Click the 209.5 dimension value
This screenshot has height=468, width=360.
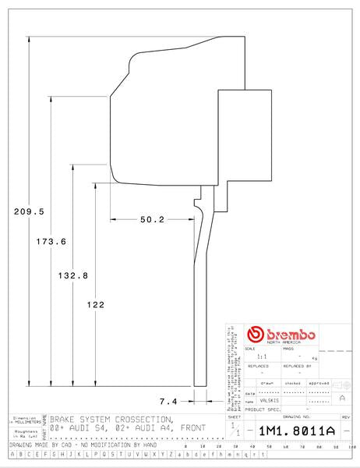coord(28,211)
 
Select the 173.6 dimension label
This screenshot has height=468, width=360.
coord(51,242)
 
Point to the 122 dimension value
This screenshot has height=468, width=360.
coord(94,305)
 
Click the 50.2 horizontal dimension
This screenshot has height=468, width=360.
coord(152,220)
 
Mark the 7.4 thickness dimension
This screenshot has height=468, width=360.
coord(169,401)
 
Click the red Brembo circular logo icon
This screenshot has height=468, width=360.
coord(254,335)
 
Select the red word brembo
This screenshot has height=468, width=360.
coord(290,334)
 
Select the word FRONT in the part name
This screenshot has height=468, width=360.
coord(193,428)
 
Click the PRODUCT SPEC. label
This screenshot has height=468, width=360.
coord(261,409)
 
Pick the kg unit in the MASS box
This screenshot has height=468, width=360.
coord(313,357)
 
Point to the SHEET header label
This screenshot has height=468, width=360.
coord(235,417)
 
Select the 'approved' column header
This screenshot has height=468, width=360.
coord(319,384)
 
